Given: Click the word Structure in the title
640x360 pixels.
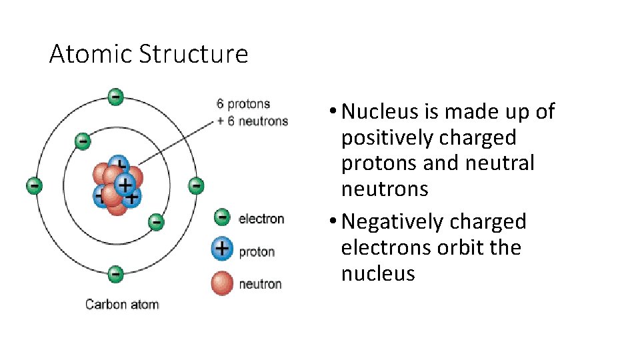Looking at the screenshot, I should coord(193,54).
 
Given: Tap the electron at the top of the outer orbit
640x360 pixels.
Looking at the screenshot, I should coord(115,97).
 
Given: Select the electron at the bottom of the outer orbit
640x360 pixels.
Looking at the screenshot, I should coord(115,273).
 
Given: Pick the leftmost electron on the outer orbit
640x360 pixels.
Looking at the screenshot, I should coord(34,185).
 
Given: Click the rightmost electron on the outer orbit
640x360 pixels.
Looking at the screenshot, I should coord(195,185).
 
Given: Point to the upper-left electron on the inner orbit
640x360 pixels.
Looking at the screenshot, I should coord(82,141).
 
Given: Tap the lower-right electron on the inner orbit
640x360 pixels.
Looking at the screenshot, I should coord(155,221).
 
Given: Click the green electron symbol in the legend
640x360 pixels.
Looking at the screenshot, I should coord(222,217).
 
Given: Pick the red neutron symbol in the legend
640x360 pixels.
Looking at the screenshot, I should coord(222,283).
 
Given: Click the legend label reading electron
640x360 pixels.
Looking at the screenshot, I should coord(261,219).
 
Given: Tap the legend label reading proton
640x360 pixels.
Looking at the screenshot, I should coord(257,252).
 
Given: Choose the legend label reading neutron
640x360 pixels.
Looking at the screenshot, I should coord(260,284).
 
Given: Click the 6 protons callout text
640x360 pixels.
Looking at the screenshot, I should coord(243,104).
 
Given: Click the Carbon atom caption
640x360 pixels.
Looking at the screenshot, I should coord(122,305).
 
